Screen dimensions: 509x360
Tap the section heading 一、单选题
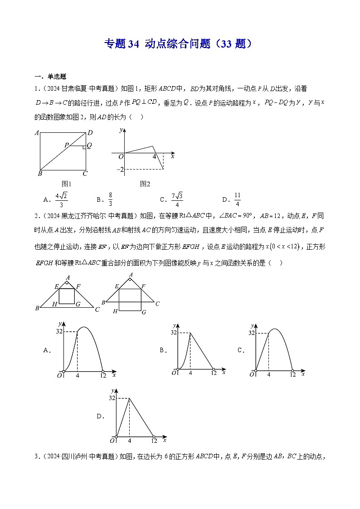click(49, 77)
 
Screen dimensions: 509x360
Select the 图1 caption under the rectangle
click(67, 184)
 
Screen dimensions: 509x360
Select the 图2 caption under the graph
click(145, 184)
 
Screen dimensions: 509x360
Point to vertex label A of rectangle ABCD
click(36, 133)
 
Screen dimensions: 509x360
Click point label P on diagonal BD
click(66, 145)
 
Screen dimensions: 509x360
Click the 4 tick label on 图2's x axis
click(154, 157)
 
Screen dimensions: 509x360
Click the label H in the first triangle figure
click(54, 304)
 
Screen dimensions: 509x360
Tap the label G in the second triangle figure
click(143, 312)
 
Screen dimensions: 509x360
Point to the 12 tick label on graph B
click(214, 373)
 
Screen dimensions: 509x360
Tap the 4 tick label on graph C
click(269, 374)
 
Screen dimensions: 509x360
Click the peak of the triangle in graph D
click(130, 398)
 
